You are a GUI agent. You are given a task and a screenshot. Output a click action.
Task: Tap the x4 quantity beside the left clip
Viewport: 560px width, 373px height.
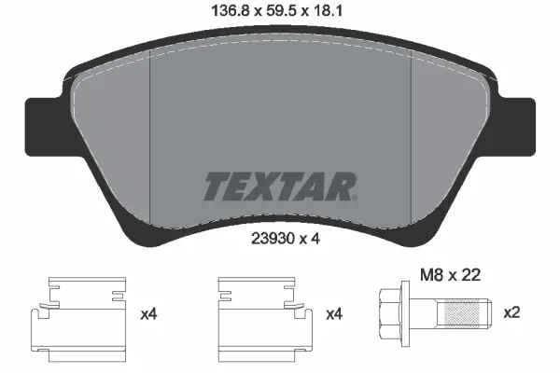pyautogui.click(x=147, y=315)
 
